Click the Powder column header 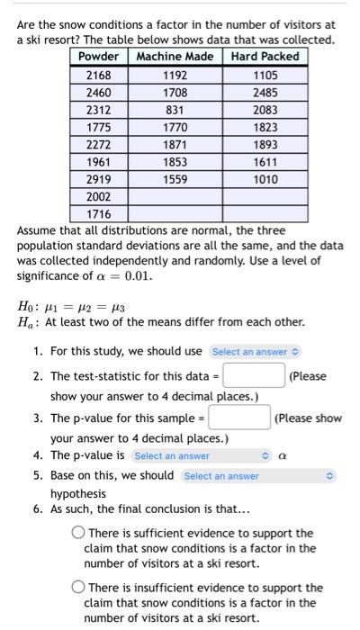(x=99, y=57)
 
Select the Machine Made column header (x=175, y=57)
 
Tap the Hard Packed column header (x=265, y=57)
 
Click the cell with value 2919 (x=99, y=179)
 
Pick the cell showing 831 (x=175, y=110)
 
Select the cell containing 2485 (x=265, y=93)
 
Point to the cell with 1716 (x=99, y=214)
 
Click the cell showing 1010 (x=265, y=179)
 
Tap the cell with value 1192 (x=175, y=76)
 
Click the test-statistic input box (x=254, y=375)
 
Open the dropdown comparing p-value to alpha (x=201, y=456)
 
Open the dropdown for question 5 (x=257, y=475)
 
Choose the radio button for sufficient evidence (x=78, y=534)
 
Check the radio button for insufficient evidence (x=78, y=588)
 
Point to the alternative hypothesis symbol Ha (x=26, y=322)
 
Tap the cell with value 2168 (x=99, y=76)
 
